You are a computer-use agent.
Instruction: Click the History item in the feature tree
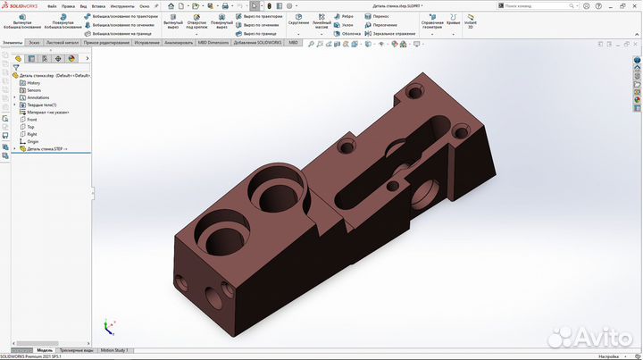(33, 83)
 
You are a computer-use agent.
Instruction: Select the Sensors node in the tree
(33, 90)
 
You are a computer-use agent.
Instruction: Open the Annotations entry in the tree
(38, 97)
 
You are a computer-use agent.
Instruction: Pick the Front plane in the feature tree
(31, 120)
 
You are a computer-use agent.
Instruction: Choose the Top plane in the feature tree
(30, 127)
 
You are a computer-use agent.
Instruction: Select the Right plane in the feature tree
(31, 134)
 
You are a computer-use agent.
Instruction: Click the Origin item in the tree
(32, 141)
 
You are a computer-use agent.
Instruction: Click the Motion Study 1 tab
(114, 350)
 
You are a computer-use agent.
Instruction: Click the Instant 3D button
(471, 21)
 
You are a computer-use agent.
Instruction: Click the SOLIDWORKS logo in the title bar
(20, 4)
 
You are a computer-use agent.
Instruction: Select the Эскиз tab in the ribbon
(34, 42)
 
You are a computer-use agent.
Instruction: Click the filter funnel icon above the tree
(16, 67)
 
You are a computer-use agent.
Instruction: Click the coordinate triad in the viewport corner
(109, 328)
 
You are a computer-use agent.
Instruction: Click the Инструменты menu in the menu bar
(121, 5)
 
